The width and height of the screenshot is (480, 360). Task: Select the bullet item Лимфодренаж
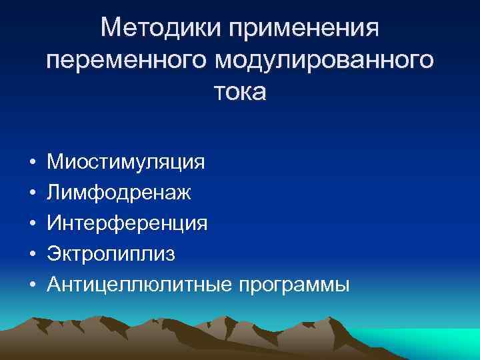(x=119, y=193)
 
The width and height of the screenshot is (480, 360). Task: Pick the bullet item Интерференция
(x=127, y=223)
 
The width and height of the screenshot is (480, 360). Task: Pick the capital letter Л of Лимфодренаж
(x=53, y=193)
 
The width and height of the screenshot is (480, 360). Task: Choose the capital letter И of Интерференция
(x=54, y=223)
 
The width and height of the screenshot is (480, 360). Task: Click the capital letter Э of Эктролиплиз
(x=53, y=254)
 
